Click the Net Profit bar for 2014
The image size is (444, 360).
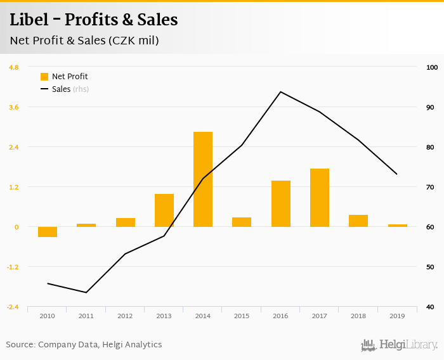[203, 179]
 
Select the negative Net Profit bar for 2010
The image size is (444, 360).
[48, 232]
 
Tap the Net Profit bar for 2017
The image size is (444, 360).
[320, 198]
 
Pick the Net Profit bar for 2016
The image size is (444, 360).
[281, 203]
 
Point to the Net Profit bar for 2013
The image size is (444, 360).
[164, 210]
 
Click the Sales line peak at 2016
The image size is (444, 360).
[281, 92]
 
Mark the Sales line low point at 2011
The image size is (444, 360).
[86, 292]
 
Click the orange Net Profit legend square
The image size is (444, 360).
[44, 77]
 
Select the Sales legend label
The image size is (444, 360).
[62, 89]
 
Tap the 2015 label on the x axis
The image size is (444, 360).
[242, 315]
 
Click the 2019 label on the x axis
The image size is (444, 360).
[397, 315]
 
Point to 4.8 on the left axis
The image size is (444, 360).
[14, 67]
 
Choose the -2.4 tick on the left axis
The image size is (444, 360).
[13, 307]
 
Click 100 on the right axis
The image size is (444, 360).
[432, 67]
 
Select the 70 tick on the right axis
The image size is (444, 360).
[431, 187]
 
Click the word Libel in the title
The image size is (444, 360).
[30, 20]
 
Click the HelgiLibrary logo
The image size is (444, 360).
[399, 345]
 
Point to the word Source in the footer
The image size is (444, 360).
[20, 345]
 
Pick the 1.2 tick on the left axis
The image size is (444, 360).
[14, 187]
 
